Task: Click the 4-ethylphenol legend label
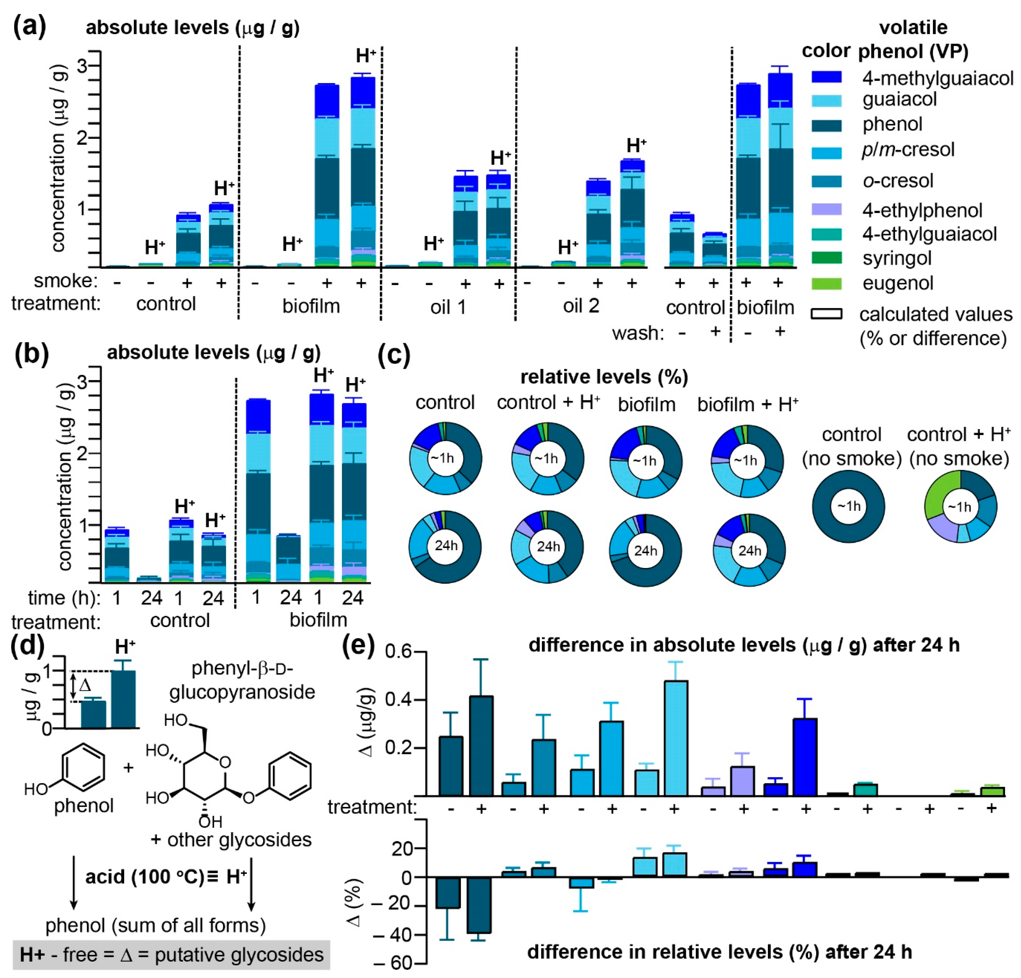click(922, 211)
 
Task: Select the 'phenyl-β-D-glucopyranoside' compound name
click(242, 680)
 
